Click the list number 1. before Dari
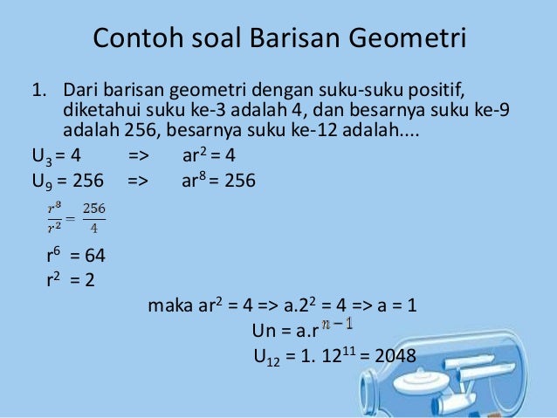39,91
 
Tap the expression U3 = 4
57,157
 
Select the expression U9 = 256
66,182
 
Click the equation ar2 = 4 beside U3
210,157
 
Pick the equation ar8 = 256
218,182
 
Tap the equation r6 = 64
76,257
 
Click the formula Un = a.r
283,332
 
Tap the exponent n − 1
337,325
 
